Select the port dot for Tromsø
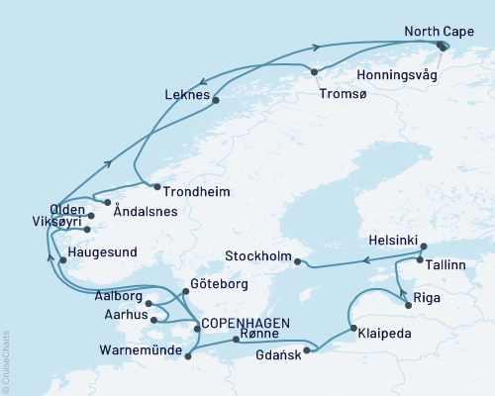[x=314, y=71]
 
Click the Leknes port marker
[x=216, y=98]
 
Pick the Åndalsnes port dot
[x=107, y=202]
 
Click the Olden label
[x=66, y=210]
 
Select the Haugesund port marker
[x=63, y=261]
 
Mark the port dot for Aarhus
[x=152, y=319]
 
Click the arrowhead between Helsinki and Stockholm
[x=365, y=261]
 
